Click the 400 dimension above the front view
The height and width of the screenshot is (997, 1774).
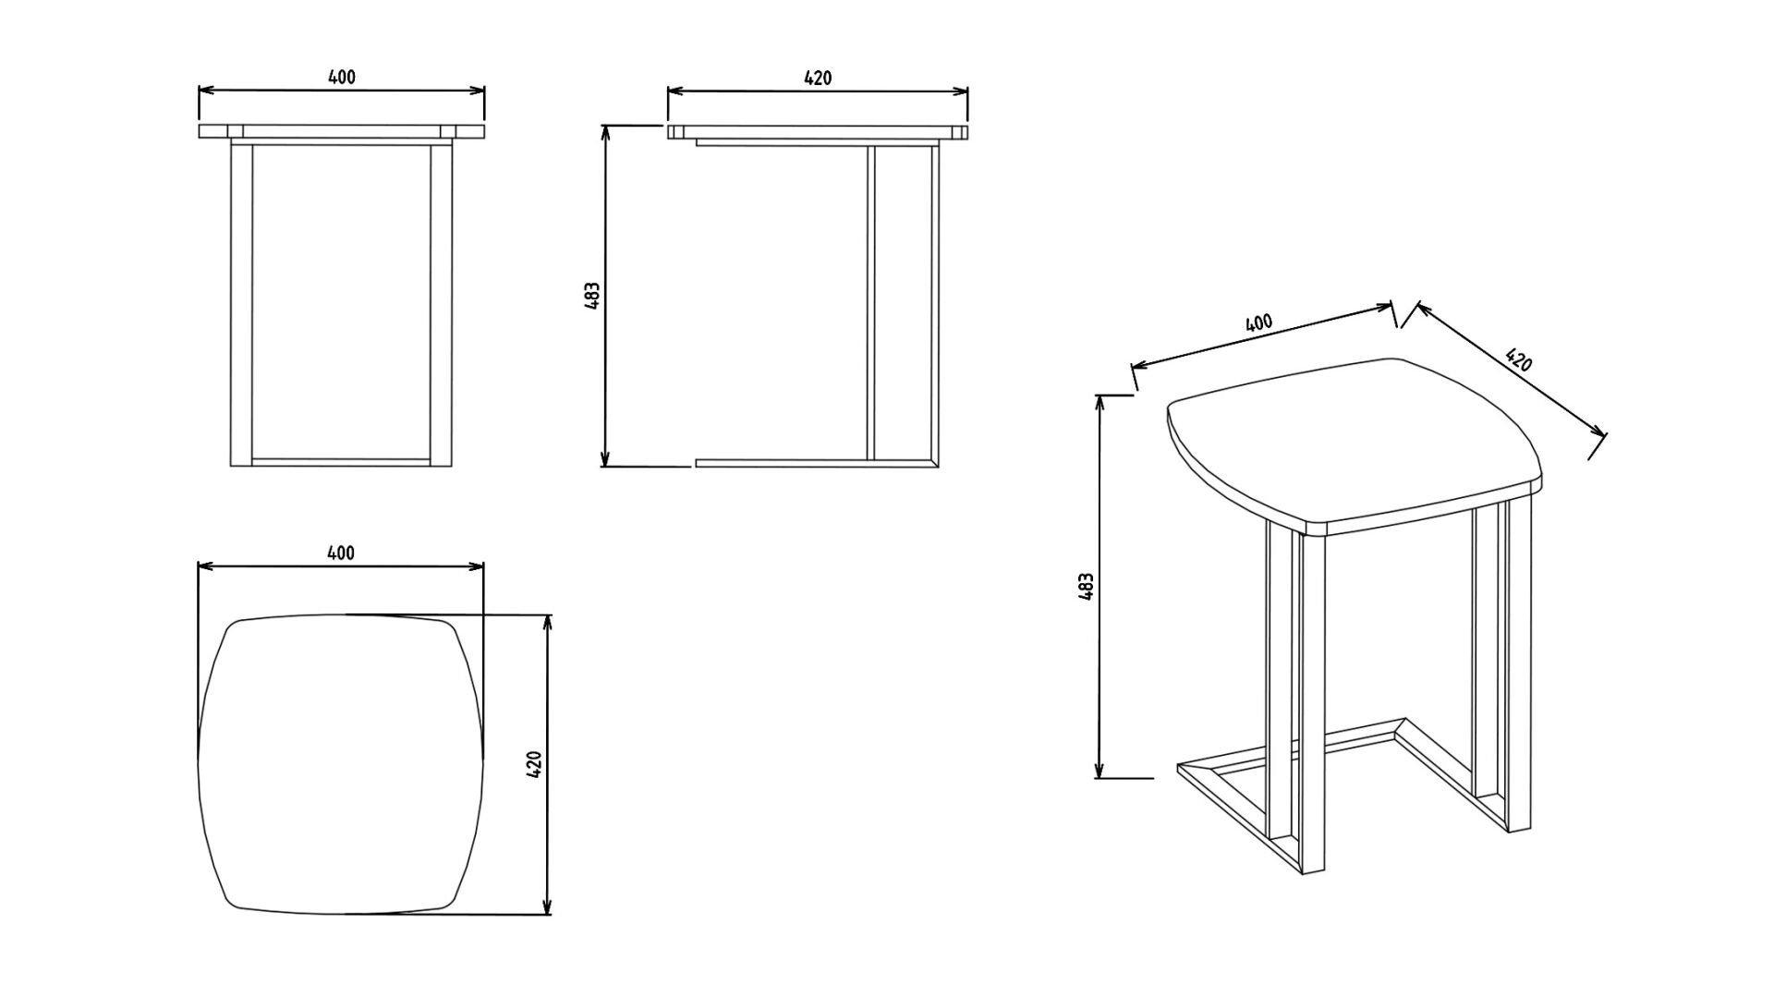tap(342, 78)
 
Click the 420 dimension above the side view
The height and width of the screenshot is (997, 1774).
tap(818, 78)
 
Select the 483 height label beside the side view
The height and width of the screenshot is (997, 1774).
tap(593, 296)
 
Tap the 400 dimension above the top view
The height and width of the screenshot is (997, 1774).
tap(341, 553)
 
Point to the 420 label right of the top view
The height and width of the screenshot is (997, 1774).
tap(533, 764)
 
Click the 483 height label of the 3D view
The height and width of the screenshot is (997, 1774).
tap(1087, 587)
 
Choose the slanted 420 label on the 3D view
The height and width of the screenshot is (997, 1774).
tap(1518, 359)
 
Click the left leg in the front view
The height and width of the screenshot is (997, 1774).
tap(240, 305)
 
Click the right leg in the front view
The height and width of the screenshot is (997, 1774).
tap(441, 305)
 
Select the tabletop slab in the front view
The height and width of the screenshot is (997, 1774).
tap(341, 131)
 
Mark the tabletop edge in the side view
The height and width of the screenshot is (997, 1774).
tap(818, 131)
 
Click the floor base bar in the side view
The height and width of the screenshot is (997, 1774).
tap(817, 462)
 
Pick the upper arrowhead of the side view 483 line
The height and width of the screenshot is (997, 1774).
tap(605, 131)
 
